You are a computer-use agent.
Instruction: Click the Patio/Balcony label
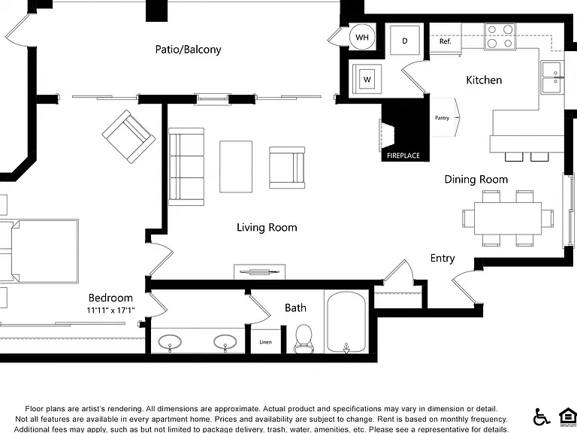pyautogui.click(x=188, y=50)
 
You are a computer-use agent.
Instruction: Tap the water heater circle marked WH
pyautogui.click(x=362, y=37)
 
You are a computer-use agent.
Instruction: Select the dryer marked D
pyautogui.click(x=405, y=41)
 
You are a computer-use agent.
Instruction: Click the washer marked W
pyautogui.click(x=367, y=79)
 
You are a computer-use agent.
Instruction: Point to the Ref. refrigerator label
pyautogui.click(x=446, y=41)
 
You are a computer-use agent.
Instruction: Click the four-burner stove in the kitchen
pyautogui.click(x=500, y=36)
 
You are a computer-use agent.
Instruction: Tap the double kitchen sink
pyautogui.click(x=553, y=77)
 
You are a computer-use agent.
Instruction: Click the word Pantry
pyautogui.click(x=442, y=118)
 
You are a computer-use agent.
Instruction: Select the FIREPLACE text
pyautogui.click(x=403, y=156)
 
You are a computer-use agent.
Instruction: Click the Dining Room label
pyautogui.click(x=476, y=180)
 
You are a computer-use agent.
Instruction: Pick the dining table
pyautogui.click(x=508, y=218)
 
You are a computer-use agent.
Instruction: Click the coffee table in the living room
pyautogui.click(x=236, y=166)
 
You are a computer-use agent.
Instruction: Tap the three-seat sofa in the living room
pyautogui.click(x=186, y=166)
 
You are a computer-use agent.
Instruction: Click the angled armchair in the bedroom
pyautogui.click(x=128, y=137)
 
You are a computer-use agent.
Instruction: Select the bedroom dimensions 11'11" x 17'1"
pyautogui.click(x=110, y=310)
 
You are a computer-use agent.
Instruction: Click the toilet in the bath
pyautogui.click(x=304, y=339)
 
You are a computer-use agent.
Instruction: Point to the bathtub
pyautogui.click(x=346, y=322)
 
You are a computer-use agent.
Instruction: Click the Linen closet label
pyautogui.click(x=266, y=342)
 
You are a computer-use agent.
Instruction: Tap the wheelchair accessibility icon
pyautogui.click(x=541, y=416)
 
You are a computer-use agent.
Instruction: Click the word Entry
pyautogui.click(x=443, y=258)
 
